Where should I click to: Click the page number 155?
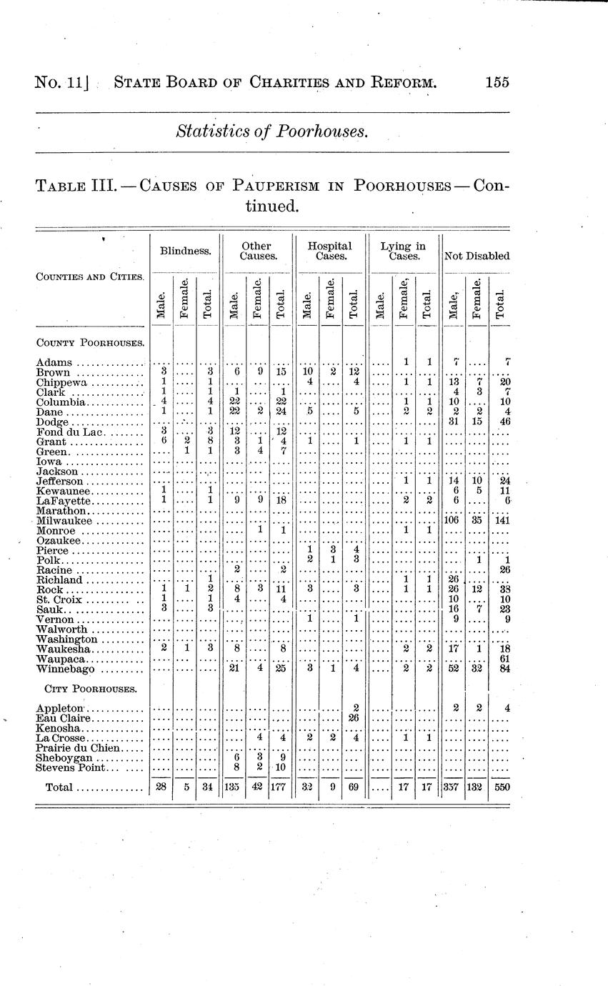(497, 82)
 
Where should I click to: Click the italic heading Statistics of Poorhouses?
(272, 131)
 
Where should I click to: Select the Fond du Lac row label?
(71, 432)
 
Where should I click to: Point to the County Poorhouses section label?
(90, 342)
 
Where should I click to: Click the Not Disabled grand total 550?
(499, 787)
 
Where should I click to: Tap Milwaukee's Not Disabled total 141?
(499, 521)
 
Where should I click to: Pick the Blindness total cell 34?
(207, 787)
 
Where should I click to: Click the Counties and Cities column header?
(90, 277)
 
